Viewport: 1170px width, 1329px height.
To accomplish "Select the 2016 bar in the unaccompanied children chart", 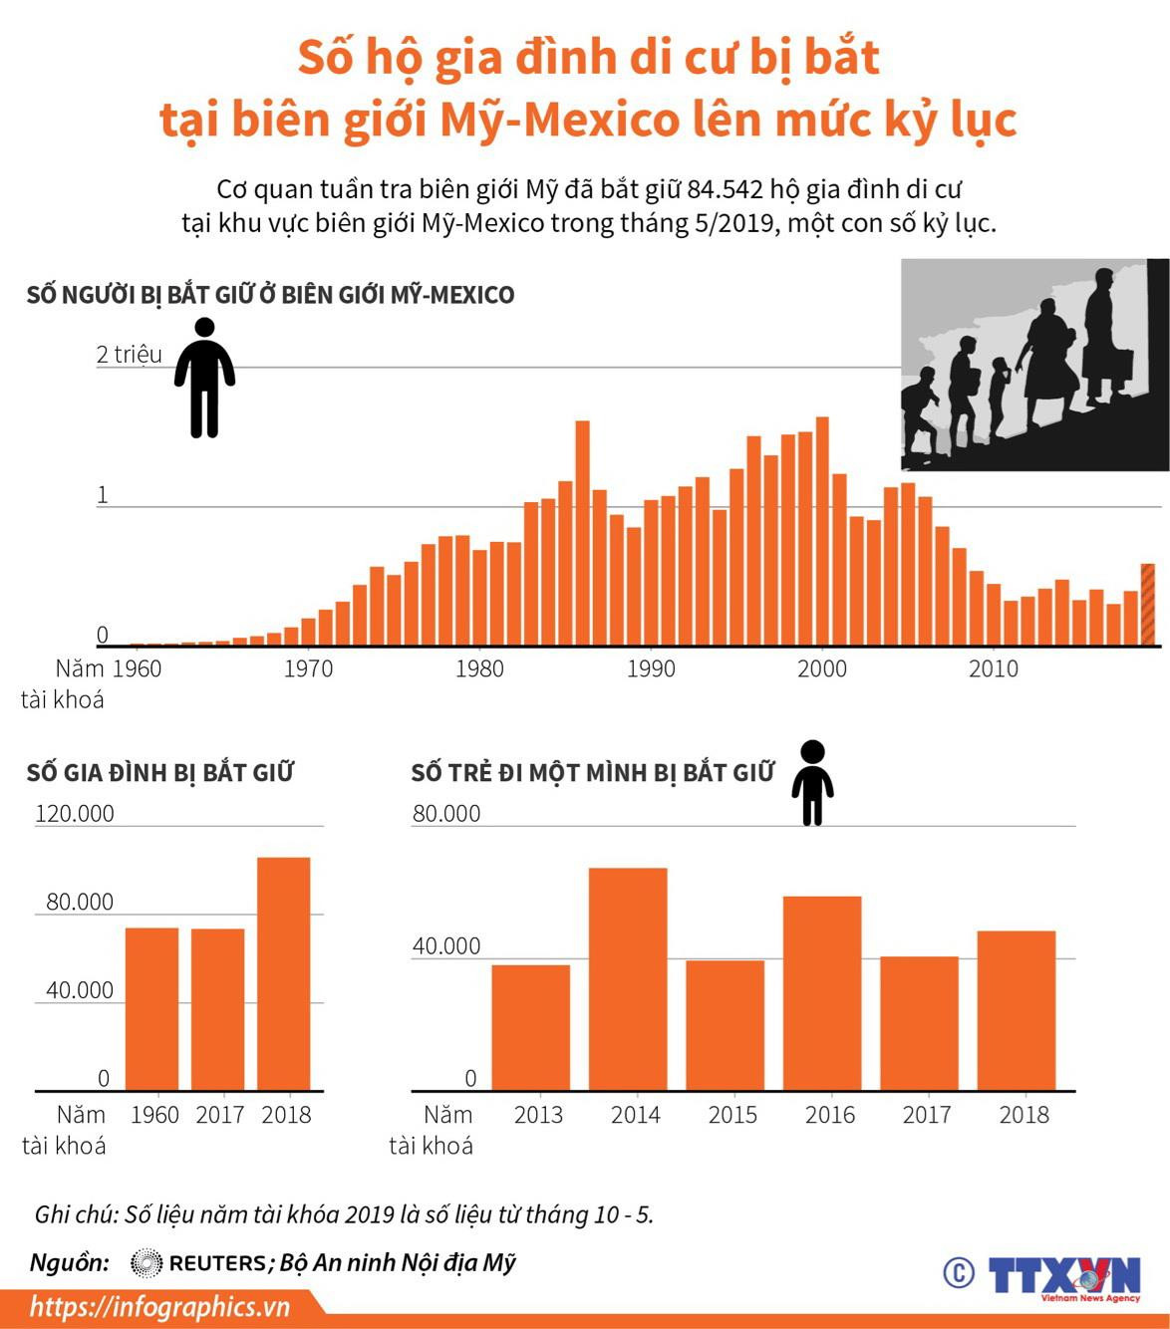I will click(821, 992).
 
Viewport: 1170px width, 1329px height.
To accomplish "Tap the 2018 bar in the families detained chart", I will click(283, 972).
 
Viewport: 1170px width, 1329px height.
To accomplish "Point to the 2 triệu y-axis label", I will click(129, 355).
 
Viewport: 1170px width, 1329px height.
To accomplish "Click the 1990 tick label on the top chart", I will click(651, 668).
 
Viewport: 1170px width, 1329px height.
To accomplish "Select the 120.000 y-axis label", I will click(75, 813).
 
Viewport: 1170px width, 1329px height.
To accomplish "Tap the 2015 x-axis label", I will click(732, 1114).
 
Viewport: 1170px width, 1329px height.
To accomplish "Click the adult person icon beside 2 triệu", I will click(204, 378).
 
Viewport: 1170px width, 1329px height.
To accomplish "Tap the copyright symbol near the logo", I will click(958, 1272).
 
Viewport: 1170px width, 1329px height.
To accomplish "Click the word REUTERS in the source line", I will click(217, 1263).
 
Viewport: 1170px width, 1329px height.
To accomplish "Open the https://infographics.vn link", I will click(159, 1306).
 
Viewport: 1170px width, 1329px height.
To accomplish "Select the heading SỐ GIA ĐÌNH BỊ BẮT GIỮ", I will click(159, 772).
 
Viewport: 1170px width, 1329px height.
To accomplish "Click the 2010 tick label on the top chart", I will click(994, 668).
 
